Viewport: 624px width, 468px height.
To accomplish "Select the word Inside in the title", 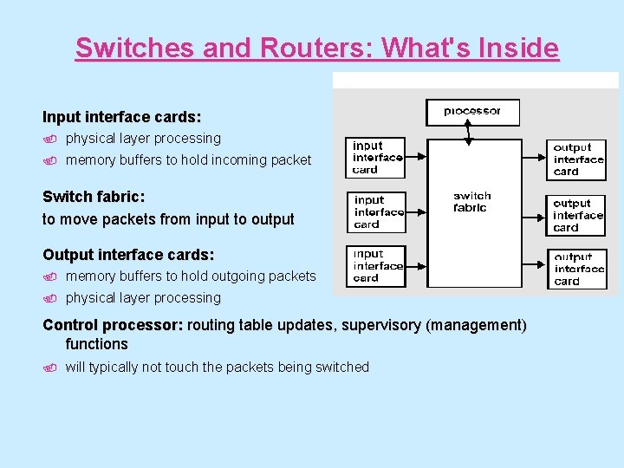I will [x=517, y=48].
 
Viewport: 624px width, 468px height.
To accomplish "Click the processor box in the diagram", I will [x=472, y=112].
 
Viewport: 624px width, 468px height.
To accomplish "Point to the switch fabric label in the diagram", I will [x=471, y=202].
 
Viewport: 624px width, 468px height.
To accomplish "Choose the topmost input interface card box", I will [x=377, y=158].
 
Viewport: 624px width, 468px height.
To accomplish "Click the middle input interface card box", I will [x=379, y=212].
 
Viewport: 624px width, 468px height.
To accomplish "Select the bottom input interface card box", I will [x=378, y=266].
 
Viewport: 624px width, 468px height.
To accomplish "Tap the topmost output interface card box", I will [x=578, y=160].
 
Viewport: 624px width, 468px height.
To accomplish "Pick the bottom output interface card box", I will [x=579, y=270].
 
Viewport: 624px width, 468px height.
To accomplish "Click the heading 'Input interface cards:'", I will [x=121, y=116].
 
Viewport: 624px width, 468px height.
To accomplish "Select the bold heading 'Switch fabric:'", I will [x=94, y=197].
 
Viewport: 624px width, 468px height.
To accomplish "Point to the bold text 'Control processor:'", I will [x=113, y=325].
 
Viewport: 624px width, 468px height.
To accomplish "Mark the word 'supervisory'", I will [x=379, y=325].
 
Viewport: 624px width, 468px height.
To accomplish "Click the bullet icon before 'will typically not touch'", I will [x=50, y=367].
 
